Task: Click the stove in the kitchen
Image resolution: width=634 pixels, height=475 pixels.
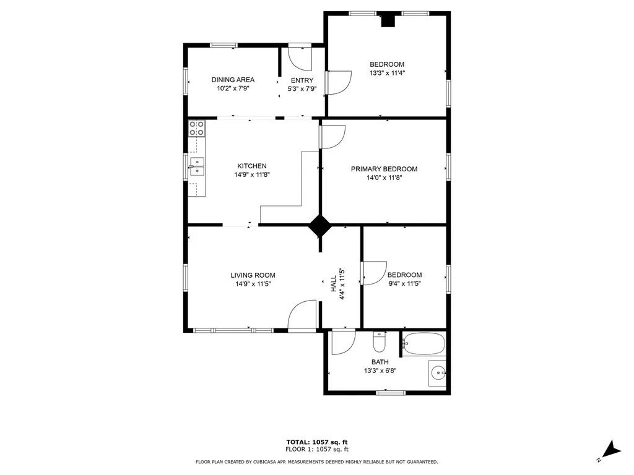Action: [x=197, y=128]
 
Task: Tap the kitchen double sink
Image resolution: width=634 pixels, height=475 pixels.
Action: [x=197, y=167]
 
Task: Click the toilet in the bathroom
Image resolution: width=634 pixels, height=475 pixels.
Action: [x=380, y=342]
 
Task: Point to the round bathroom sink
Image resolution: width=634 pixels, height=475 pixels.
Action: [x=438, y=372]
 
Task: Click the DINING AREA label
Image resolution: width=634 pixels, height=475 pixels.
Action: [x=233, y=80]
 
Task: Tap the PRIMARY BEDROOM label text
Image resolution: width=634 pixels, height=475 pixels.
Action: [x=384, y=169]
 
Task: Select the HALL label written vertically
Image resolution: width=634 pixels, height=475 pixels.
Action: [x=333, y=284]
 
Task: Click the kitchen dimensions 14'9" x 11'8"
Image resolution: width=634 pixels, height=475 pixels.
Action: [x=252, y=174]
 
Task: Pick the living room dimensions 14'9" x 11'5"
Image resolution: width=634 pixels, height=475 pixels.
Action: [x=253, y=284]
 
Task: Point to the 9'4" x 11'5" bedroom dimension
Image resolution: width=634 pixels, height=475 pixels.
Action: [x=404, y=284]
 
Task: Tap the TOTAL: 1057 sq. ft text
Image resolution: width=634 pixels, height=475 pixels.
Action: [x=316, y=442]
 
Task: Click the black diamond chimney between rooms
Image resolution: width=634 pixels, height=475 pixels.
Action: [x=320, y=226]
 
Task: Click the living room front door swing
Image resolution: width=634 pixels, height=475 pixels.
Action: [x=303, y=315]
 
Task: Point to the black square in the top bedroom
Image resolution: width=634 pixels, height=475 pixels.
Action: [x=388, y=20]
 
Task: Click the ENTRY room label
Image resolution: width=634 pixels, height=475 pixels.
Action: [x=302, y=80]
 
